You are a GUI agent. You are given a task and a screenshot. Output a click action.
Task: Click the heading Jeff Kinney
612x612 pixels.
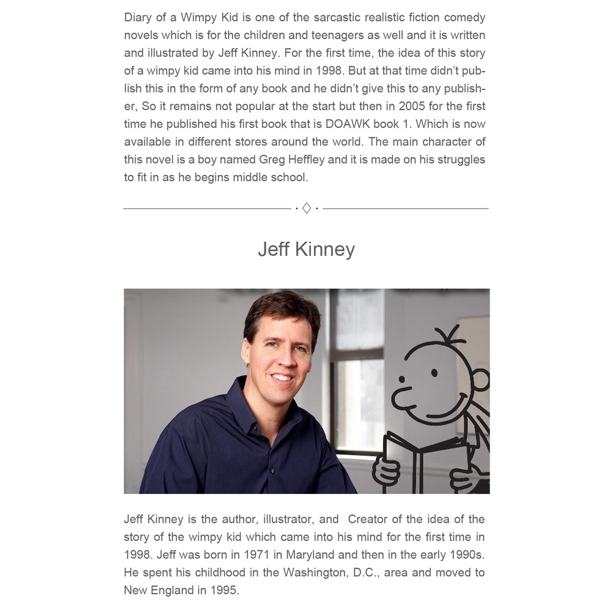pyautogui.click(x=306, y=250)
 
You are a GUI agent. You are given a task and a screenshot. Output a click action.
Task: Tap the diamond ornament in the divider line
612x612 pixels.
pyautogui.click(x=307, y=209)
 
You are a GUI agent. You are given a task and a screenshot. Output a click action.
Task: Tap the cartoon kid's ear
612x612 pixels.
pyautogui.click(x=481, y=380)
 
